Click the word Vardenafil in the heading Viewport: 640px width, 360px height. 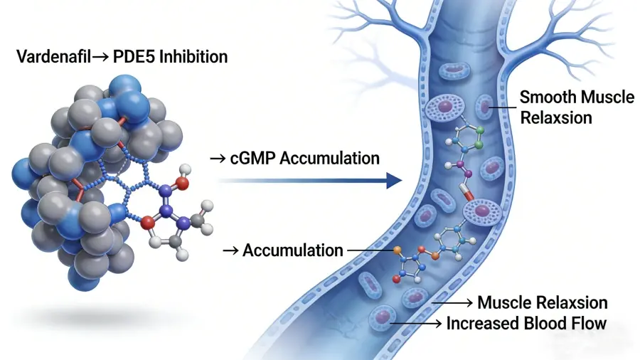pyautogui.click(x=53, y=55)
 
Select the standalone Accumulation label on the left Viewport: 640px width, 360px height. pyautogui.click(x=293, y=250)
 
